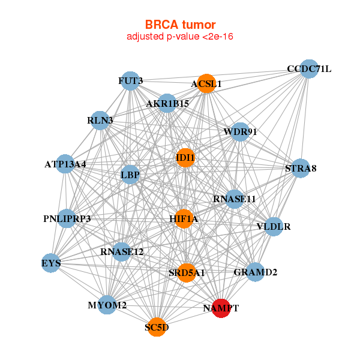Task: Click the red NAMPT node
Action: coord(221,308)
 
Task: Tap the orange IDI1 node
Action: coord(185,158)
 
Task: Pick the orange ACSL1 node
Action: coord(206,84)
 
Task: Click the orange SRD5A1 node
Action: coord(187,273)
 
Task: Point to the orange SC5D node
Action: coord(157,327)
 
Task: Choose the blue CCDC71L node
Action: coord(308,69)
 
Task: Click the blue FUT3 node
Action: coord(130,80)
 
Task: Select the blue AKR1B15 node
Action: coord(167,103)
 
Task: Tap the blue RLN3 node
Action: coord(100,120)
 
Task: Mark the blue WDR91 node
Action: coord(240,131)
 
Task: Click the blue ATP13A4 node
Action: coord(65,164)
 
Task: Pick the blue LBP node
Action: coord(130,175)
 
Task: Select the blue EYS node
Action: coord(51,263)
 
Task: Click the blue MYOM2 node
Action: coord(107,305)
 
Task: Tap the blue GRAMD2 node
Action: coord(255,272)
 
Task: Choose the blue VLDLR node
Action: coord(274,227)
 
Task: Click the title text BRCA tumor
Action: coord(180,25)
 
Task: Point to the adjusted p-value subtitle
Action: coord(180,37)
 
